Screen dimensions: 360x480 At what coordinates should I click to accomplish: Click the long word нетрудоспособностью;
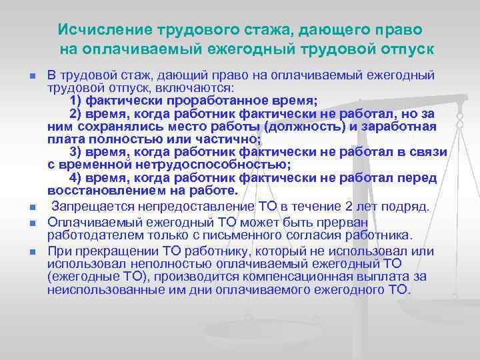click(x=200, y=165)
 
